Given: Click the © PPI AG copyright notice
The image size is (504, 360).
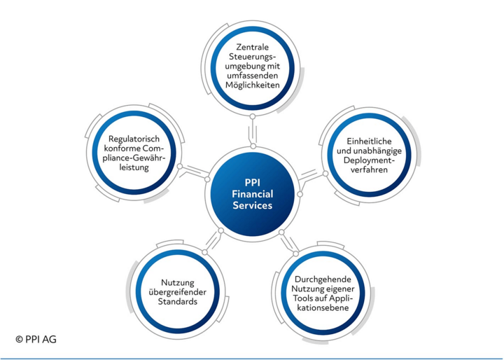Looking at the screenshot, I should pos(36,340).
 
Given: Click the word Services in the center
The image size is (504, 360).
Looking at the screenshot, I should pos(252,207).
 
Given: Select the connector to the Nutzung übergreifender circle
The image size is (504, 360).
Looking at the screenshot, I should pos(212,238).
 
